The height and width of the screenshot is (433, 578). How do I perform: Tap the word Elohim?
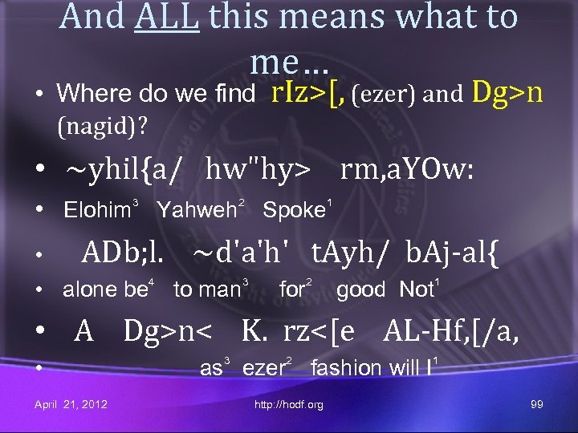[x=97, y=211]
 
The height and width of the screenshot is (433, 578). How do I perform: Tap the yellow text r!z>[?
[x=308, y=94]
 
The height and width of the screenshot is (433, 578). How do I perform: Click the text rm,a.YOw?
[x=406, y=169]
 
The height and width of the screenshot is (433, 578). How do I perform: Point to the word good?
[x=360, y=290]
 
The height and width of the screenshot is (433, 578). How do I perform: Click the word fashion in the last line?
[x=346, y=368]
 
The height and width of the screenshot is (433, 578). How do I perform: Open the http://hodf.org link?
[x=288, y=405]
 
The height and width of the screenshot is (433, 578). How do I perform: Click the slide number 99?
[x=537, y=404]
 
